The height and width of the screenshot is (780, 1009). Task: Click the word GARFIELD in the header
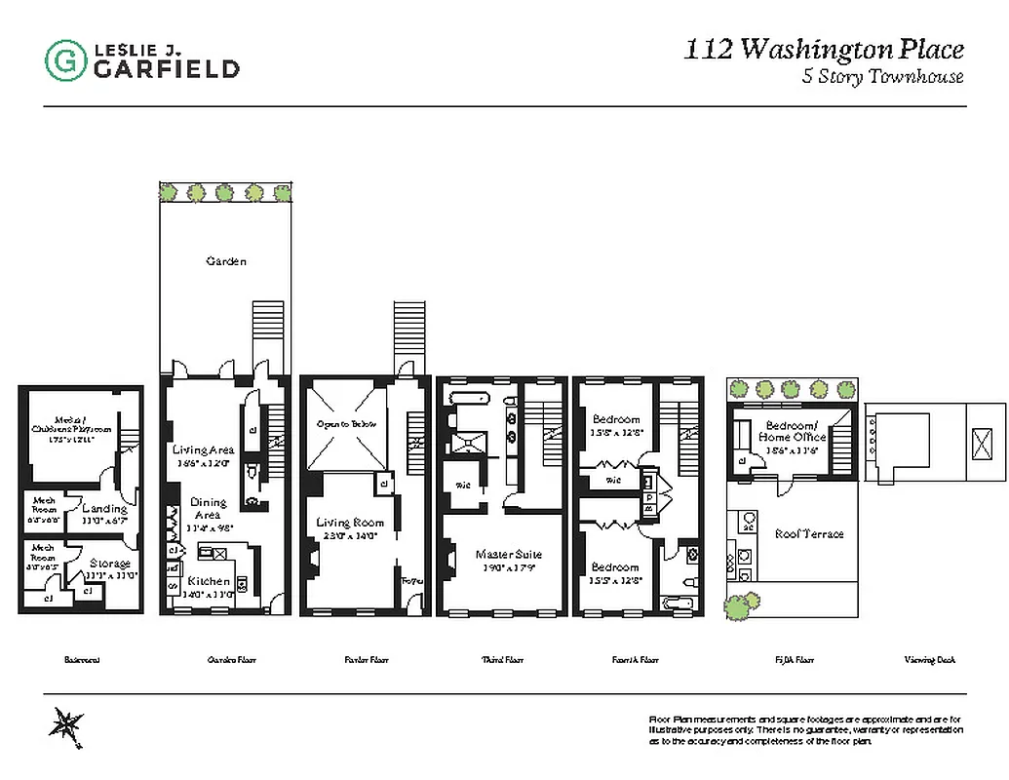coord(166,68)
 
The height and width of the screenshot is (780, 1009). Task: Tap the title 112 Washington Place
coord(824,50)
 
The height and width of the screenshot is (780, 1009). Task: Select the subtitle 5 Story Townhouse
coord(882,78)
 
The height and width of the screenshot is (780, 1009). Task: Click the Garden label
coord(225,261)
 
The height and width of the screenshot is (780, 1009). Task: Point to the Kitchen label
coord(209,581)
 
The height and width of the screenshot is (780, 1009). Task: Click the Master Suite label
coord(508,554)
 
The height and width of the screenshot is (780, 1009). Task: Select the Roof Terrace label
coord(808,533)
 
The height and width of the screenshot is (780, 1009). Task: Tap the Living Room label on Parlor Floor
coord(346,523)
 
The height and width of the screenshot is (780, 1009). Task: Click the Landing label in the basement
coord(104,508)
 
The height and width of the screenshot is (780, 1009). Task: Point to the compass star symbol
coord(66,726)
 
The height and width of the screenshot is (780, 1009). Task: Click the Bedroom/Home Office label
coord(796,431)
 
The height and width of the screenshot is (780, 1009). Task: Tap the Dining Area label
coord(208,508)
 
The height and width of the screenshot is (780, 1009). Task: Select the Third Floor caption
coord(502,660)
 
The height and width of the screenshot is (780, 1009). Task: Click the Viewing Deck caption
coord(931,660)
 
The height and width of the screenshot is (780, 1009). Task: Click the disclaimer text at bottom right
coord(806,729)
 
